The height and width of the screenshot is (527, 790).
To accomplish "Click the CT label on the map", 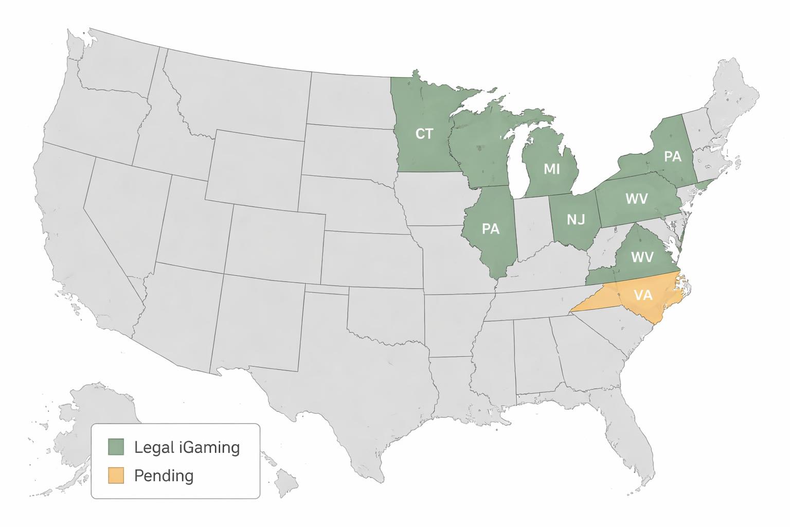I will (x=424, y=134).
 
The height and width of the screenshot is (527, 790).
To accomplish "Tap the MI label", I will (x=551, y=168).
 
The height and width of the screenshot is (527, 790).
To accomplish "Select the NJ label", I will (x=576, y=220).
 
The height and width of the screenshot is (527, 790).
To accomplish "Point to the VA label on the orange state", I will (x=643, y=295).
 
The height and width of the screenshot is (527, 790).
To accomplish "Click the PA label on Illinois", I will (x=491, y=228).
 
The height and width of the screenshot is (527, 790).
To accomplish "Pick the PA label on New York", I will (x=672, y=156).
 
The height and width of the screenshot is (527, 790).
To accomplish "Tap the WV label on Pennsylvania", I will (x=636, y=198).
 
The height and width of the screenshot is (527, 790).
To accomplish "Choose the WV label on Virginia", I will (x=641, y=256).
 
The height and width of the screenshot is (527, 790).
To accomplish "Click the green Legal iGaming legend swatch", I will (x=116, y=447).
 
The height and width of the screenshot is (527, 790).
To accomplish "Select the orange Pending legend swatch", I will (x=116, y=475).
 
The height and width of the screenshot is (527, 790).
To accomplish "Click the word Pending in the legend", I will (x=164, y=476).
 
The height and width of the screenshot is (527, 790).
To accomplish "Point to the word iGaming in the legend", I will (x=210, y=447).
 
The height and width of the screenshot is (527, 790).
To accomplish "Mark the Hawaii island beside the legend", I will (x=286, y=484).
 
